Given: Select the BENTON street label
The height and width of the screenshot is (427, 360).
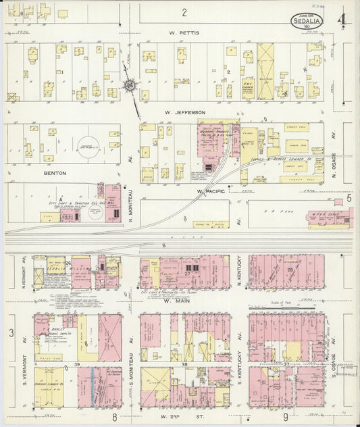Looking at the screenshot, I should [55, 173].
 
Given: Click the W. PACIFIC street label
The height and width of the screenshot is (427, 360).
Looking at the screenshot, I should [210, 191].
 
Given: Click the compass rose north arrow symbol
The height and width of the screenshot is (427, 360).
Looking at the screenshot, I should [130, 86].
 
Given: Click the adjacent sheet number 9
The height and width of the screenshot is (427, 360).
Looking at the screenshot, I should [286, 418].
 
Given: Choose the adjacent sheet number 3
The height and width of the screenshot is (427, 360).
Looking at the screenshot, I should [11, 332].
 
